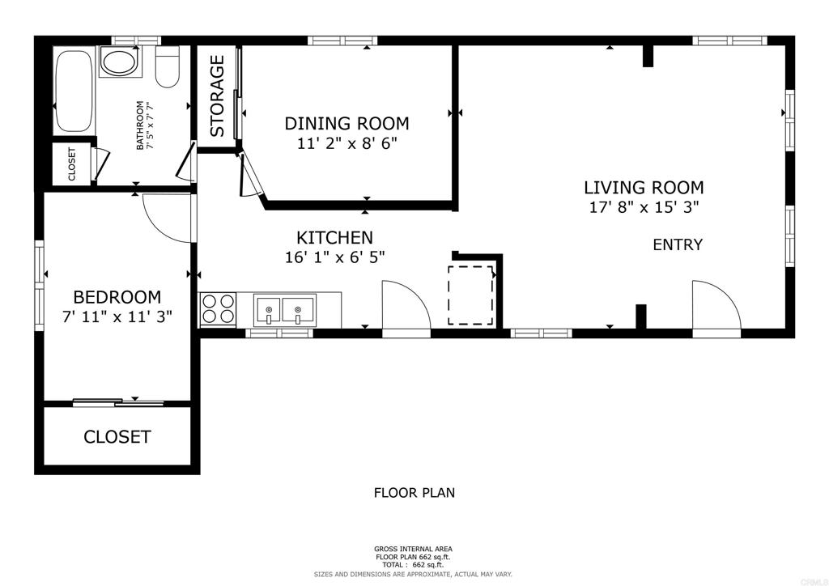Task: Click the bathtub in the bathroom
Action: click(74, 91)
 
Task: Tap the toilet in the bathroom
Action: click(168, 67)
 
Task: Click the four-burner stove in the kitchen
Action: click(219, 309)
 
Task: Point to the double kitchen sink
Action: click(284, 310)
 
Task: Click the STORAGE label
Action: click(217, 96)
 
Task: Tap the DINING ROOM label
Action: click(346, 123)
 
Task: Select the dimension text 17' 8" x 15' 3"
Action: click(644, 207)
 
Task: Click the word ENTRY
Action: click(678, 244)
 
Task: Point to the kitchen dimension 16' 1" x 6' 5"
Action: click(334, 257)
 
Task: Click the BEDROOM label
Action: click(117, 297)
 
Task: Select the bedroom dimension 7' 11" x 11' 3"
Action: click(117, 317)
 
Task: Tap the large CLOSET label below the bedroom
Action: click(117, 437)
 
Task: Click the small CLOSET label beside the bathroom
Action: click(72, 163)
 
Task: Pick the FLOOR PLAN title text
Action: click(414, 493)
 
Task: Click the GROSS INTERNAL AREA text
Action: click(413, 549)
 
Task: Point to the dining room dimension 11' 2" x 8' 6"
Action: click(346, 143)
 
